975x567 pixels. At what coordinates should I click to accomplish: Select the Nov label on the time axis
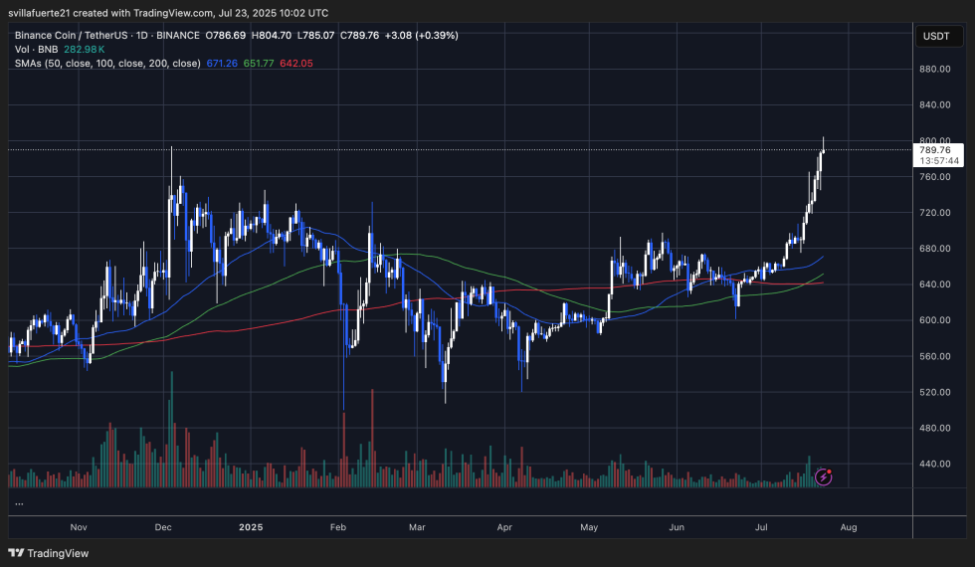(x=80, y=527)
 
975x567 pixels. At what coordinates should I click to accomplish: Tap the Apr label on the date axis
(x=503, y=527)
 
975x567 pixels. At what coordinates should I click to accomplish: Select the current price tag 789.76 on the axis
(x=936, y=150)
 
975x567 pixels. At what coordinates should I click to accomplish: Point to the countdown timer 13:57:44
(x=939, y=161)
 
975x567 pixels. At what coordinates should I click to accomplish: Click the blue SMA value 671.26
(x=225, y=63)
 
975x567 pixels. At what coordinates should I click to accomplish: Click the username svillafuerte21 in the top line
(x=50, y=11)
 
